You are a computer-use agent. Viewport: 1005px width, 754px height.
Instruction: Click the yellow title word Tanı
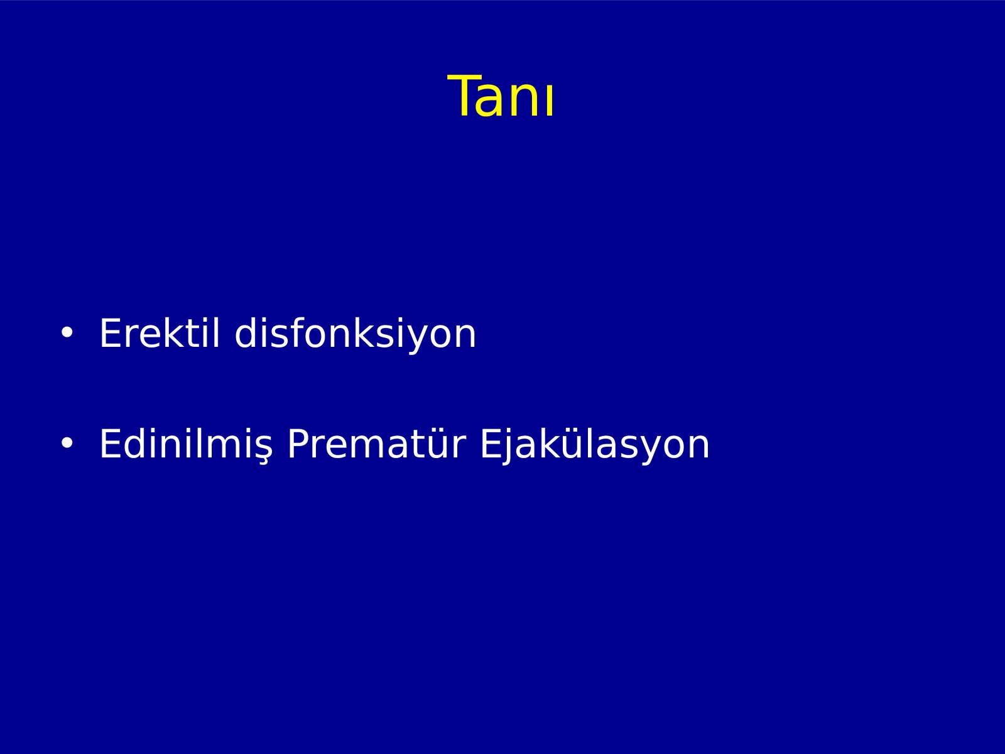click(501, 96)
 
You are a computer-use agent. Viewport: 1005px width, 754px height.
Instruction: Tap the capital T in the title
click(462, 96)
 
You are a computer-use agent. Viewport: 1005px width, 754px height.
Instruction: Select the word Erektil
click(160, 333)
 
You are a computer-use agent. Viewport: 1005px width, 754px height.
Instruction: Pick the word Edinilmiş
click(186, 444)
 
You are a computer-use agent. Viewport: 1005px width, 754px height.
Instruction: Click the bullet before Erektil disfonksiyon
click(67, 333)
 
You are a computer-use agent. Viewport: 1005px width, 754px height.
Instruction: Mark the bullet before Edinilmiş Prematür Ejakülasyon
click(67, 443)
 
